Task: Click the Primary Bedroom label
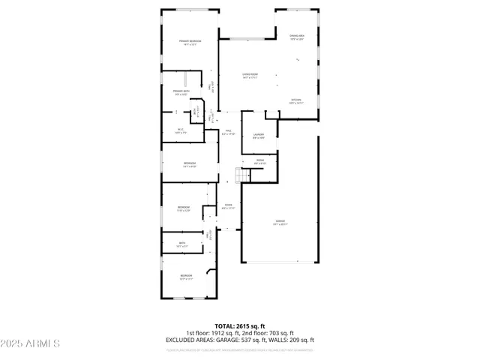[x=190, y=42]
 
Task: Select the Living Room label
[x=250, y=75]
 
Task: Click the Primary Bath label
[x=181, y=93]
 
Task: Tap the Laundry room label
[x=259, y=136]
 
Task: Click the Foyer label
[x=228, y=206]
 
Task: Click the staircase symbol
[x=241, y=175]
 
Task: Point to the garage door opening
[x=279, y=262]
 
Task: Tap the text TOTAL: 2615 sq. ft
[x=240, y=326]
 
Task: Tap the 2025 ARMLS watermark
[x=30, y=343]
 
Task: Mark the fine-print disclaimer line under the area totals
[x=240, y=349]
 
